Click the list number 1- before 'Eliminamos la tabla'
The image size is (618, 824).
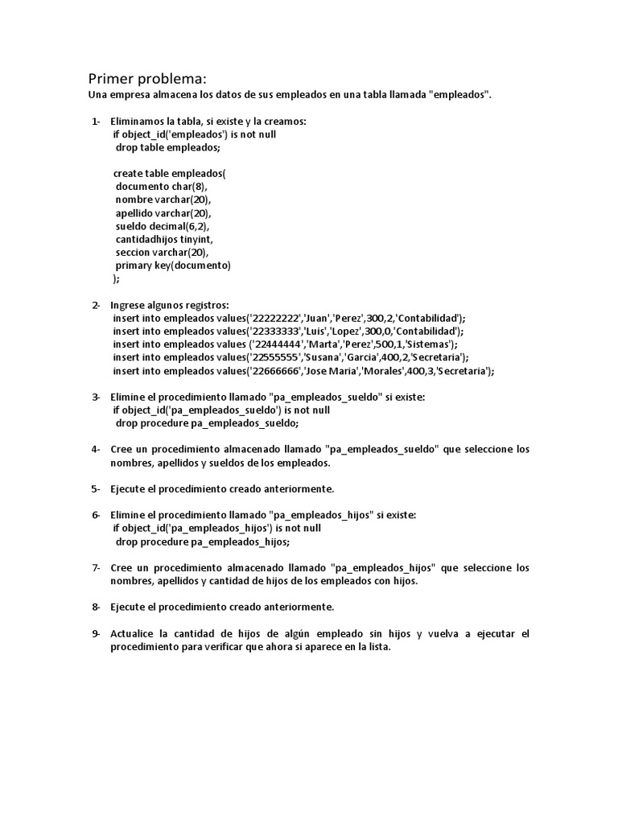(x=96, y=122)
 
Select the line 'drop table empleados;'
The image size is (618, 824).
(x=167, y=147)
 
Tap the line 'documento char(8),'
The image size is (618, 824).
(x=161, y=187)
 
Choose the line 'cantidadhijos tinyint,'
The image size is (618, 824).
(x=164, y=239)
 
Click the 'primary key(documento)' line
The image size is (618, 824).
(x=172, y=266)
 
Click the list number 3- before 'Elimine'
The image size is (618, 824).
(x=96, y=397)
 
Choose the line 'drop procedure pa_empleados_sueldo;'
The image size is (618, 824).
(x=207, y=422)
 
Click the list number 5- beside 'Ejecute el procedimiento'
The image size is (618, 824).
(x=96, y=488)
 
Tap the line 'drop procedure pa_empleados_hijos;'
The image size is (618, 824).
(x=201, y=542)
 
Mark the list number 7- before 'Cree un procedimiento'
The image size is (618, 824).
(x=96, y=567)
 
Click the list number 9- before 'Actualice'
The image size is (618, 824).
(x=96, y=633)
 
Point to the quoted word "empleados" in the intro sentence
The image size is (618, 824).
(x=459, y=95)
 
